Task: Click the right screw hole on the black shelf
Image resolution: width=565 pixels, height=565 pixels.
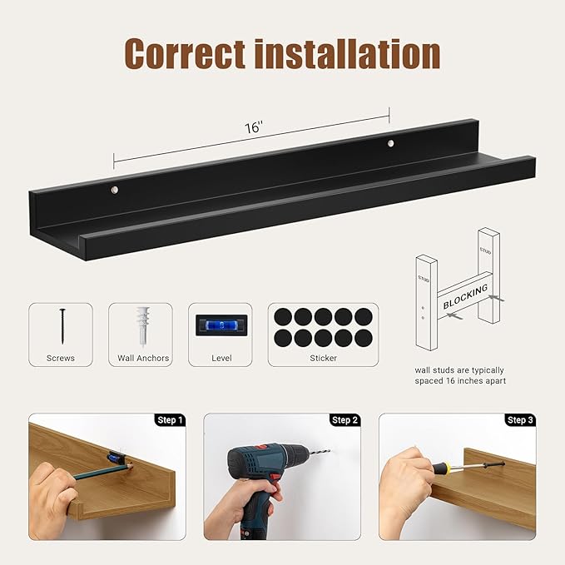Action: (391, 144)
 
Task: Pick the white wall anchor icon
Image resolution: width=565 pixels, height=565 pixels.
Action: (141, 326)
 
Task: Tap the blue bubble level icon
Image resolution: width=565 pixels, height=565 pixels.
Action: (221, 325)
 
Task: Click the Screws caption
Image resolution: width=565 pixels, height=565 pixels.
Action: (61, 358)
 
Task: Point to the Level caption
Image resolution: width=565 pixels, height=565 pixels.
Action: (221, 358)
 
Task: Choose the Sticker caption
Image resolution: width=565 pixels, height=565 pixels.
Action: (323, 358)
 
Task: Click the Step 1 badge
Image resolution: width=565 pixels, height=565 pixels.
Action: (170, 420)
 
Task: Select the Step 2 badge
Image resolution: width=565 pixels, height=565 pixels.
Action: (344, 420)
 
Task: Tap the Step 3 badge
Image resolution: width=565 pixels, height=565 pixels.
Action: (520, 420)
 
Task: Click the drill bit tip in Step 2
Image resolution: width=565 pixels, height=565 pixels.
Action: (327, 453)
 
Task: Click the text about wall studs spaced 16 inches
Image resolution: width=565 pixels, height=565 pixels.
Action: (459, 375)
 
